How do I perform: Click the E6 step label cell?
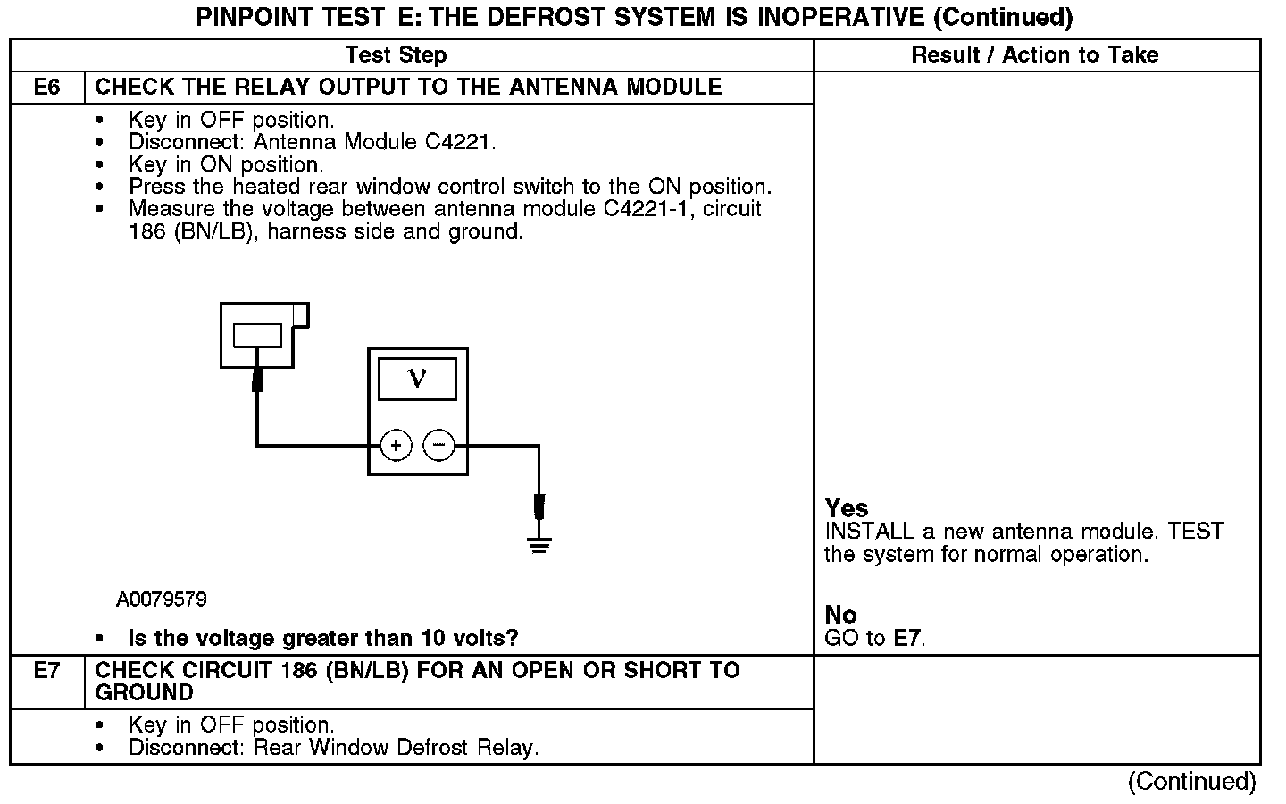[x=46, y=88]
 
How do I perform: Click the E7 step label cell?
[x=46, y=671]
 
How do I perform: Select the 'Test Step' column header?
[x=396, y=55]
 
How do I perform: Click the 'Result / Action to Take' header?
[x=1034, y=55]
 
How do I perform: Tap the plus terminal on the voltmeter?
[x=396, y=445]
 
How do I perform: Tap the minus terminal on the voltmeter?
[x=438, y=445]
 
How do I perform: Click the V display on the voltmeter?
[x=417, y=380]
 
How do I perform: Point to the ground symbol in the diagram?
[x=539, y=543]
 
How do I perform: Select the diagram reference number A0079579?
[x=161, y=599]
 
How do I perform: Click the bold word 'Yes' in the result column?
[x=846, y=508]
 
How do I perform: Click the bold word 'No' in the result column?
[x=840, y=615]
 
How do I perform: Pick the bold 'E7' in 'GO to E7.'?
[x=907, y=638]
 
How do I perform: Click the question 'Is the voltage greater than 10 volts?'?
[x=323, y=638]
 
